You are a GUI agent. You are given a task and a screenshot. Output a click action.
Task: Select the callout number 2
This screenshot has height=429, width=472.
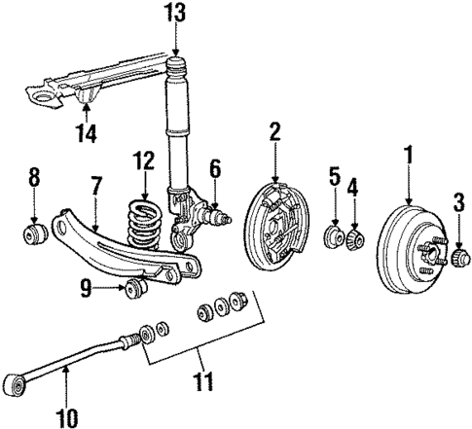point(275,129)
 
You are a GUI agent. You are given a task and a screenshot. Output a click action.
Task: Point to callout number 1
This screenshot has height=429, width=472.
point(408,154)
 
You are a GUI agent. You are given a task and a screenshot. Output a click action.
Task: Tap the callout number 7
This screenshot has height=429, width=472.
point(95,185)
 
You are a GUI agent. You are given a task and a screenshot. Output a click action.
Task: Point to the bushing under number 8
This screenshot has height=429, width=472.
point(34,235)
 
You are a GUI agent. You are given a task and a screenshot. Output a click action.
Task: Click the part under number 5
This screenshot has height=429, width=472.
point(334,237)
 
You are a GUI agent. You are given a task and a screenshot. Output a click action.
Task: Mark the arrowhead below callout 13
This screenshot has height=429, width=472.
point(175,54)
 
